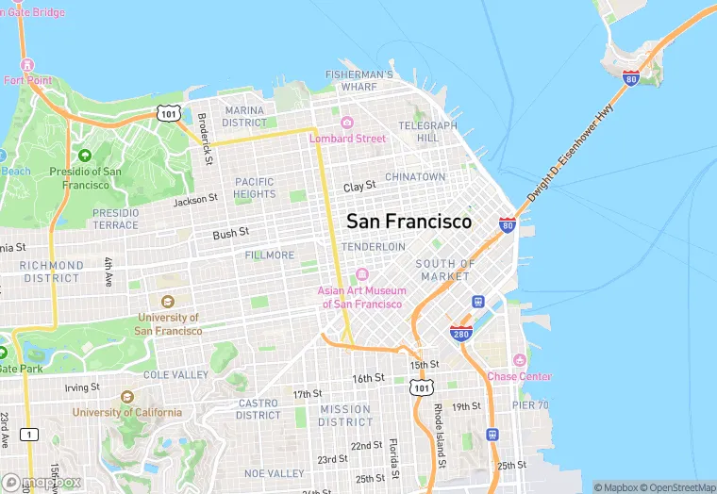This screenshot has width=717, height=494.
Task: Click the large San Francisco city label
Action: click(x=409, y=222)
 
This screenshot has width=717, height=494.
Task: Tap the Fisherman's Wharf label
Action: click(x=358, y=80)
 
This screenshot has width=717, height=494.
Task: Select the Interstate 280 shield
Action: click(x=461, y=334)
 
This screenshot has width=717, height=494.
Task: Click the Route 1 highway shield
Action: click(x=31, y=434)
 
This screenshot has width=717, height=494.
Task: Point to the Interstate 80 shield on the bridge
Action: click(x=630, y=77)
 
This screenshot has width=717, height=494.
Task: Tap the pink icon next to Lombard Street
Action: click(x=347, y=123)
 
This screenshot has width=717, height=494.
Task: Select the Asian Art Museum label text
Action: click(x=363, y=297)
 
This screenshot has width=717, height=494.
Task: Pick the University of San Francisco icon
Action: click(x=168, y=302)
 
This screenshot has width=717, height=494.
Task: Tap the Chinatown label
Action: click(x=415, y=176)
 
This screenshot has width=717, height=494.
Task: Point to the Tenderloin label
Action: click(x=374, y=246)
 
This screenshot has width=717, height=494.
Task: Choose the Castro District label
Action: click(x=258, y=409)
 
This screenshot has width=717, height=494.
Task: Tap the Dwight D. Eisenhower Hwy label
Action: click(x=565, y=152)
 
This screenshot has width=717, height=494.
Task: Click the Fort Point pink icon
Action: click(x=26, y=65)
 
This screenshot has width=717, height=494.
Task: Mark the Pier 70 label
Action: click(x=529, y=405)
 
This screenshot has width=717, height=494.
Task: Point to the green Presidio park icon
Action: click(x=85, y=156)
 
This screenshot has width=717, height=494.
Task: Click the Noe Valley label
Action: click(x=274, y=472)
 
